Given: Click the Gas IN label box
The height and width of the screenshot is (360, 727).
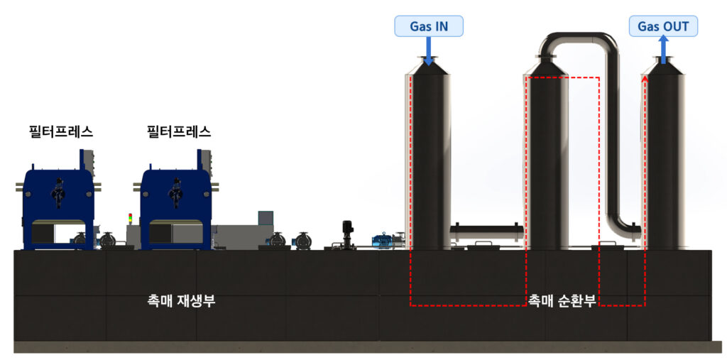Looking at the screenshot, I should click(428, 27).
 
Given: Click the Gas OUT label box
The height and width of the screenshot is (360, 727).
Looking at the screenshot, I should click(663, 27).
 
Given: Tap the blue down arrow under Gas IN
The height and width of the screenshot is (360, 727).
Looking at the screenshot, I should click(428, 50).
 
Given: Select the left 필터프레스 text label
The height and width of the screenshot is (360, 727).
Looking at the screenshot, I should click(61, 131).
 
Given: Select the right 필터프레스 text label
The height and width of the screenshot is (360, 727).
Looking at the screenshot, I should click(179, 131).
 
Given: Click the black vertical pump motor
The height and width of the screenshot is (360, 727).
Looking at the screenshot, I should click(347, 232).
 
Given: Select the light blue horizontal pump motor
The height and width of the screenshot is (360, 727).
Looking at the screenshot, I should click(387, 239).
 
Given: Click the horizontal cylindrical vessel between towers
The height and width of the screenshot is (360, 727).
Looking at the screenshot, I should click(486, 231).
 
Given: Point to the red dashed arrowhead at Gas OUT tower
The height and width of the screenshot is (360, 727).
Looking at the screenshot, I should click(645, 81).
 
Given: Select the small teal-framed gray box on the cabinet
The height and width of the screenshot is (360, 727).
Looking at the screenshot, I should click(266, 217).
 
